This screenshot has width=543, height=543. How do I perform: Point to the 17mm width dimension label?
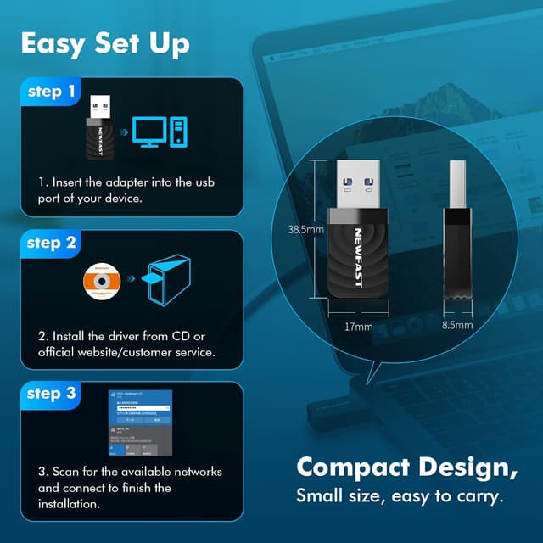(x=359, y=327)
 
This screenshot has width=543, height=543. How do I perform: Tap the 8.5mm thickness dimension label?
(x=459, y=324)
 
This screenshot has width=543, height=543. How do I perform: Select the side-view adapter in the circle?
(x=459, y=229)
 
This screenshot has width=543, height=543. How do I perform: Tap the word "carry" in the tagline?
(x=482, y=495)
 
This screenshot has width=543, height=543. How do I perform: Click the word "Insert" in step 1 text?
(x=70, y=182)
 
